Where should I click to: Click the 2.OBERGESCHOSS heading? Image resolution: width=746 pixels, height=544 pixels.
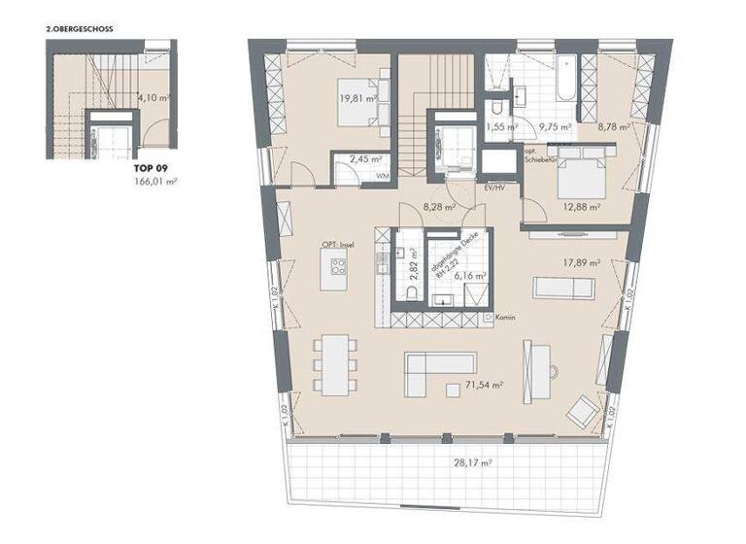coord(80,30)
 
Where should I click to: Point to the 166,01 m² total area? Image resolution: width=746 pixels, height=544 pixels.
coord(153,181)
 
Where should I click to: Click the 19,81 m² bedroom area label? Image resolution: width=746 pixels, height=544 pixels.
coord(356,97)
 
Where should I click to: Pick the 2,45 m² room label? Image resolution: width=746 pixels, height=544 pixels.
coord(365,158)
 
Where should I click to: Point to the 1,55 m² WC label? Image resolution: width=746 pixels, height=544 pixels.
coord(502,126)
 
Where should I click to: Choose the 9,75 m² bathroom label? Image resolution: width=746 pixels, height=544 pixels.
coord(555,126)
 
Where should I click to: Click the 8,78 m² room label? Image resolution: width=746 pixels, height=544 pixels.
coord(614,126)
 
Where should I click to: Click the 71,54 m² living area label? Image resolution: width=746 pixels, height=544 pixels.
coord(483,386)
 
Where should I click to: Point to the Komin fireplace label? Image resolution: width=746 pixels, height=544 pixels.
coord(503,318)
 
